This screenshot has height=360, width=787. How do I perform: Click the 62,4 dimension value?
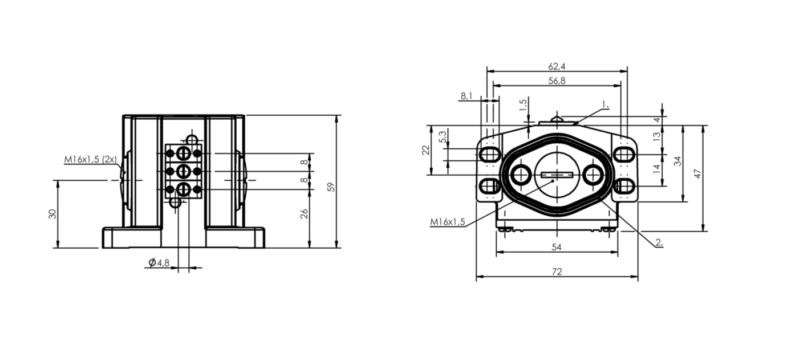(x=557, y=66)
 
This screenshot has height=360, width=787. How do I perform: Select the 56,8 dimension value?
(x=557, y=81)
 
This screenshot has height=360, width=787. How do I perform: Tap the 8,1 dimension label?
(x=466, y=96)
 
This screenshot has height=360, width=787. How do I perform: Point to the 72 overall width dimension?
(x=557, y=272)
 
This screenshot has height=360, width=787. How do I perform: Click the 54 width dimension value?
(x=557, y=247)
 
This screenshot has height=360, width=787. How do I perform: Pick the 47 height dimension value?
(x=698, y=173)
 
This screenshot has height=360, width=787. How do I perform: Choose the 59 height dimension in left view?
(x=331, y=187)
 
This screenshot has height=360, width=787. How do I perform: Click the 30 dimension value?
(x=52, y=214)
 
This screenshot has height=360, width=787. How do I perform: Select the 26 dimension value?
(x=305, y=214)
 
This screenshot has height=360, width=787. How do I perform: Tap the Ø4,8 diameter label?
(x=159, y=262)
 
